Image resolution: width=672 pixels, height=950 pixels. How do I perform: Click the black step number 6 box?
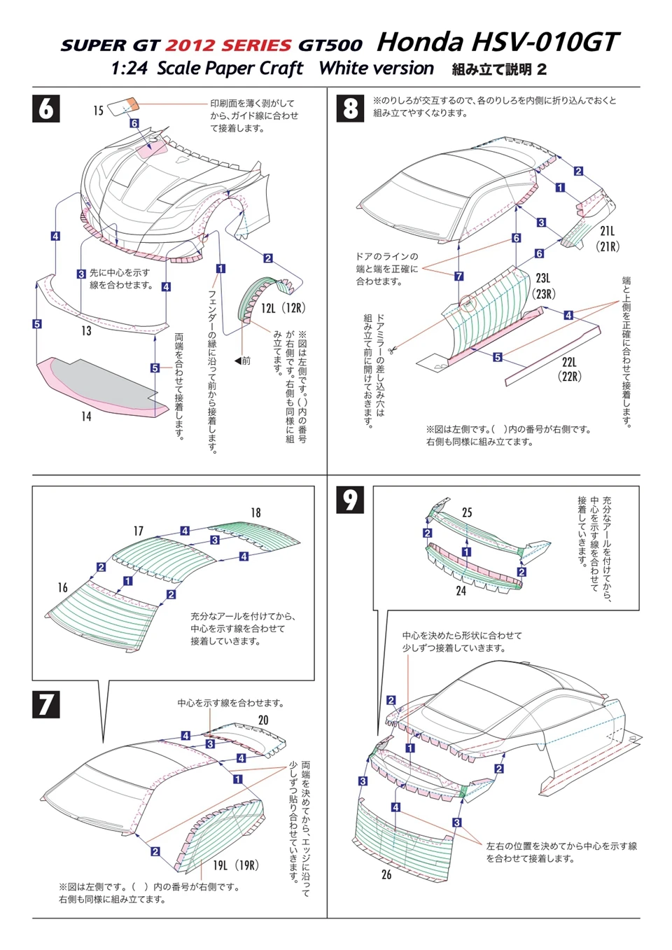[x=46, y=109]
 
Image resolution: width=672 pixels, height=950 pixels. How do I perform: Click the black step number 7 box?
[x=46, y=704]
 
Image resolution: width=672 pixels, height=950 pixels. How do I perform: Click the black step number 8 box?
[x=350, y=109]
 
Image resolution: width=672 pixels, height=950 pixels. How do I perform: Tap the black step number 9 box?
[x=350, y=499]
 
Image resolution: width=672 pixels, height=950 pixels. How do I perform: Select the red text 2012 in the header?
[x=189, y=46]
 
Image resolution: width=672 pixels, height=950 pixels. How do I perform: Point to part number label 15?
[x=99, y=111]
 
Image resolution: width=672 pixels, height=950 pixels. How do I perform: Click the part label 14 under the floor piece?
[x=85, y=417]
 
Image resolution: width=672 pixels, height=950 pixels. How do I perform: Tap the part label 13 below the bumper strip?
[x=86, y=330]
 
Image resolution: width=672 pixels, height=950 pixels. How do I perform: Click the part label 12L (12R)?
[x=283, y=308]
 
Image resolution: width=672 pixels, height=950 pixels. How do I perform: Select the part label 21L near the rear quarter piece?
[x=607, y=231]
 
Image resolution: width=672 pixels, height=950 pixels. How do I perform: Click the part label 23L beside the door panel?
[x=543, y=279]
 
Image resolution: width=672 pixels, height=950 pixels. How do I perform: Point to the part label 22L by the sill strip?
[x=568, y=363]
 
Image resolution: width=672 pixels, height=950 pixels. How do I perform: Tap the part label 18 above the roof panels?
[x=255, y=513]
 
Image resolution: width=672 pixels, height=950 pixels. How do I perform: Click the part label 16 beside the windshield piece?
[x=63, y=587]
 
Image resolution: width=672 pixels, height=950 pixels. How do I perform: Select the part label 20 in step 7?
[x=263, y=720]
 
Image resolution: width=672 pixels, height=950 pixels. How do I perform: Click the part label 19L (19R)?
[x=235, y=865]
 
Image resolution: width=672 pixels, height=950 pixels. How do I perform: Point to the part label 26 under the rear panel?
[x=386, y=874]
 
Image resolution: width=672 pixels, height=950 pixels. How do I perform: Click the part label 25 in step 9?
[x=467, y=513]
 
